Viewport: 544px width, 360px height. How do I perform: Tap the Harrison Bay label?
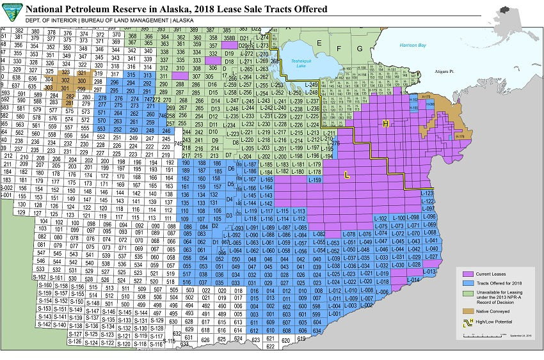413,45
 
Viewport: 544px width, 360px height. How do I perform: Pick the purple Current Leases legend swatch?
468,274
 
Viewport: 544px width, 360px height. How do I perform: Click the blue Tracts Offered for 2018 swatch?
468,283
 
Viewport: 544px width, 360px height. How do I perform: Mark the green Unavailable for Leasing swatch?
468,292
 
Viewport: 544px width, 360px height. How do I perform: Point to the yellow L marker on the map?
346,174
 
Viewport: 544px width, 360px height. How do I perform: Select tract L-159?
314,180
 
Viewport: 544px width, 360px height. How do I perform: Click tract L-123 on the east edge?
428,193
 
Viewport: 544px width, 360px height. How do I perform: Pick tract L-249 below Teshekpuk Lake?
311,85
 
